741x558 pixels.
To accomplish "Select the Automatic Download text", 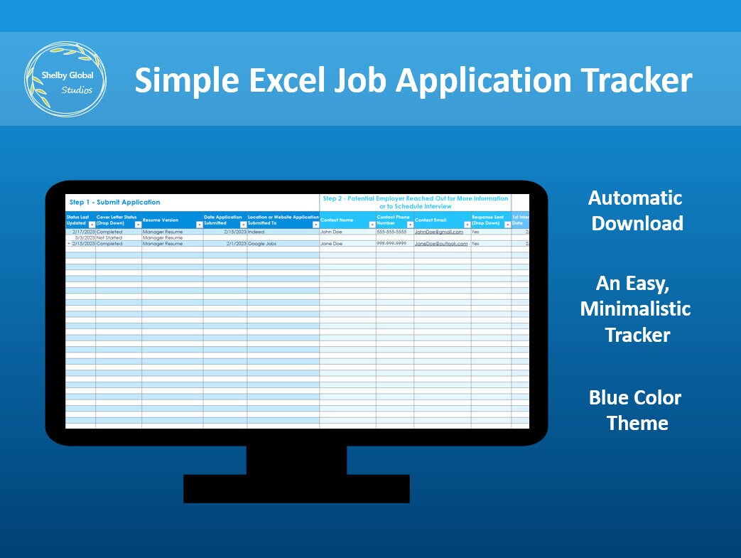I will (x=636, y=210).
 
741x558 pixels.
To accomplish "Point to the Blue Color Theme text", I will (x=636, y=410).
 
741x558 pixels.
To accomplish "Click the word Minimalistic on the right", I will (x=635, y=309).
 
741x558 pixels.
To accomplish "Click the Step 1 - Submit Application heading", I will (x=114, y=203).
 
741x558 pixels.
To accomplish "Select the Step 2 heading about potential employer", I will (x=415, y=202).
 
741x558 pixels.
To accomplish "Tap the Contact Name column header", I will (x=337, y=220).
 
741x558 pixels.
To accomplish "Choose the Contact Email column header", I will (x=431, y=220).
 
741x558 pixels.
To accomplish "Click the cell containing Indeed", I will (x=256, y=232).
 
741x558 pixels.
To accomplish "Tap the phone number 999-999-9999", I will (x=391, y=244).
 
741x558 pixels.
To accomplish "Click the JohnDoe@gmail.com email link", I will (x=438, y=232).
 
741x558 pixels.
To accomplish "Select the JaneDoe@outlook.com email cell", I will (x=441, y=244).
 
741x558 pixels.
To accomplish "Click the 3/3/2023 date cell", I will (x=84, y=237).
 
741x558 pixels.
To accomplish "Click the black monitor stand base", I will (x=296, y=488).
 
